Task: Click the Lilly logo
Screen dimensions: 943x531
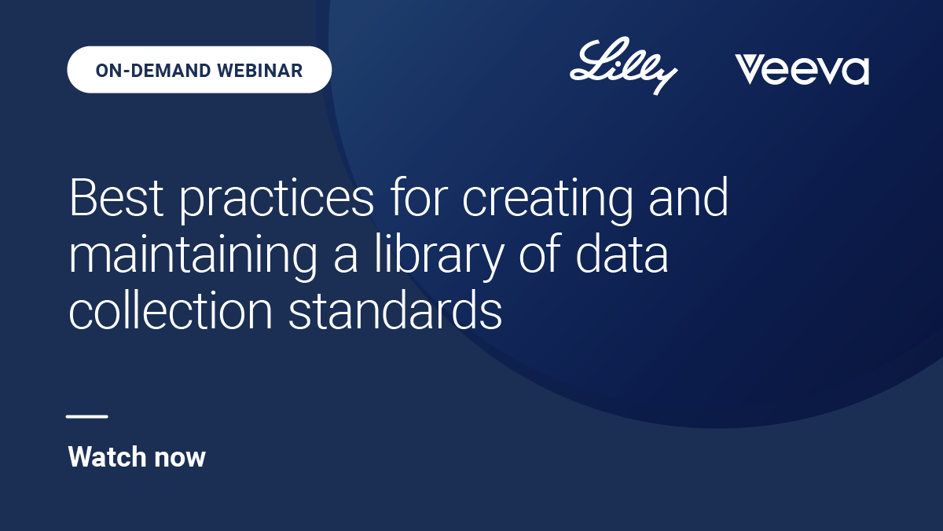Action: tap(623, 66)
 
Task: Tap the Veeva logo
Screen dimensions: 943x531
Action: tap(802, 70)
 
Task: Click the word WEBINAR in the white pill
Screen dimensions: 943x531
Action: tap(260, 70)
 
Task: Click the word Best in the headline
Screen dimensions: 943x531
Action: tap(116, 197)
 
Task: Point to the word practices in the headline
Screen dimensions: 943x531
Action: tap(277, 201)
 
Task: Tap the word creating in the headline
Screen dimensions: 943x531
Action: tap(547, 201)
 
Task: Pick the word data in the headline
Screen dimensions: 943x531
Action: tap(622, 253)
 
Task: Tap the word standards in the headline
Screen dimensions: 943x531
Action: tap(395, 309)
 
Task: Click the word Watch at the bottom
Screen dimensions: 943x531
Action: tap(107, 456)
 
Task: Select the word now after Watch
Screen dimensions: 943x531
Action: tap(180, 459)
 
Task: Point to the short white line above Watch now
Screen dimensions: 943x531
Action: tap(87, 416)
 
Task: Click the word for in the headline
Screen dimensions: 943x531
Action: tap(418, 196)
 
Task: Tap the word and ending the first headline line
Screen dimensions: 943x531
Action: tap(688, 196)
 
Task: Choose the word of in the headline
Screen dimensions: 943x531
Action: tap(540, 252)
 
